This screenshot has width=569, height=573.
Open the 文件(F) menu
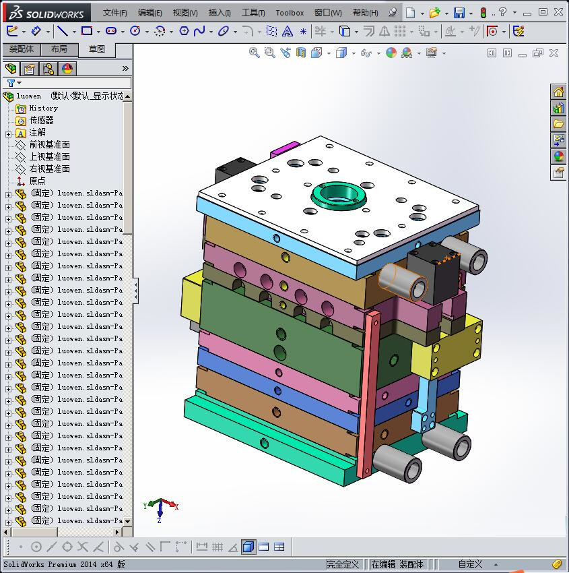click(x=115, y=13)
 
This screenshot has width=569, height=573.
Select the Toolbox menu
click(x=290, y=13)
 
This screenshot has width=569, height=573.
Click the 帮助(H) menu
click(x=365, y=13)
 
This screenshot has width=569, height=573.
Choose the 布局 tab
click(x=59, y=49)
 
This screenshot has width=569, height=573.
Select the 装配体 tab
click(x=22, y=49)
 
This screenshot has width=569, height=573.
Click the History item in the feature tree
click(x=43, y=108)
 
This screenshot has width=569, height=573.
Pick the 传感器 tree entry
click(x=41, y=120)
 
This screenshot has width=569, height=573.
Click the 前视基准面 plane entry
click(x=49, y=144)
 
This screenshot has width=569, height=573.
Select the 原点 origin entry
click(x=37, y=181)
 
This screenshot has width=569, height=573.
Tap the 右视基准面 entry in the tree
click(x=49, y=169)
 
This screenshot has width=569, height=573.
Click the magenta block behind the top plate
click(x=284, y=149)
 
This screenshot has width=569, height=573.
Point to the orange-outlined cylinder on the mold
click(x=403, y=281)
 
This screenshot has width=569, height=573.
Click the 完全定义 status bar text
click(x=343, y=564)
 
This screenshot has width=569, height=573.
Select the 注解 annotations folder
click(x=37, y=132)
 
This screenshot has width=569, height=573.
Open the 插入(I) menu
click(x=220, y=13)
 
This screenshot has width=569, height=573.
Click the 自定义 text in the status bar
click(x=470, y=564)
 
